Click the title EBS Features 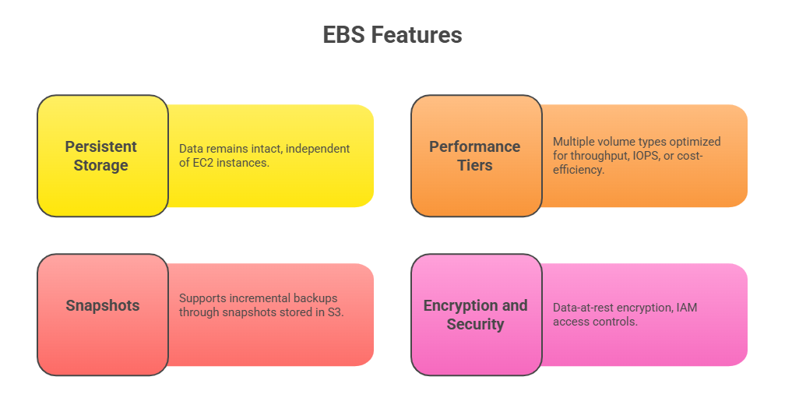(392, 35)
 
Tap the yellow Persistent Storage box (103, 156)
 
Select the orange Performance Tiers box (477, 156)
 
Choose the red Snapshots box (103, 315)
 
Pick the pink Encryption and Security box (477, 315)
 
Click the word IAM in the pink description (687, 308)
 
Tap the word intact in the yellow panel (267, 149)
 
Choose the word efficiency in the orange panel (578, 170)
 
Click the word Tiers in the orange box (475, 165)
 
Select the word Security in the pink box (476, 325)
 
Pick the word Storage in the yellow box (101, 165)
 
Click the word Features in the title (417, 35)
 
